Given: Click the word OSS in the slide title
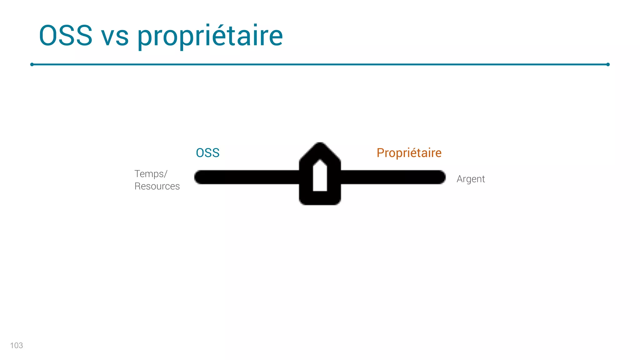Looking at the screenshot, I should [66, 36].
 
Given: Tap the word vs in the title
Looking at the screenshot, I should [115, 37].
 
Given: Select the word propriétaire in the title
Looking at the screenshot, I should [210, 37].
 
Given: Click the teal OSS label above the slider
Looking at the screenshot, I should [207, 153].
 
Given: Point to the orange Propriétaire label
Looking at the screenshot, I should [409, 153].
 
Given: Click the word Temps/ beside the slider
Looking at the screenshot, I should [151, 174].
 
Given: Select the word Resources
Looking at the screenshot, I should [157, 186].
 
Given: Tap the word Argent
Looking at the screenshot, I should [470, 179].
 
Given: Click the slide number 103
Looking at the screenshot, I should [16, 345].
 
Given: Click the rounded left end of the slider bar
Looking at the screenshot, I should [199, 177].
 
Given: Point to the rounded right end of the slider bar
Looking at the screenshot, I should [440, 177].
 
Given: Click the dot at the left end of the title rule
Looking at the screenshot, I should [32, 64].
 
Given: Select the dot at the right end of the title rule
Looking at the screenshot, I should [608, 64].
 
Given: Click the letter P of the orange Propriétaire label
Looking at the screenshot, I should [380, 153].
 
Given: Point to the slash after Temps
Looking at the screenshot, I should [166, 174].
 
